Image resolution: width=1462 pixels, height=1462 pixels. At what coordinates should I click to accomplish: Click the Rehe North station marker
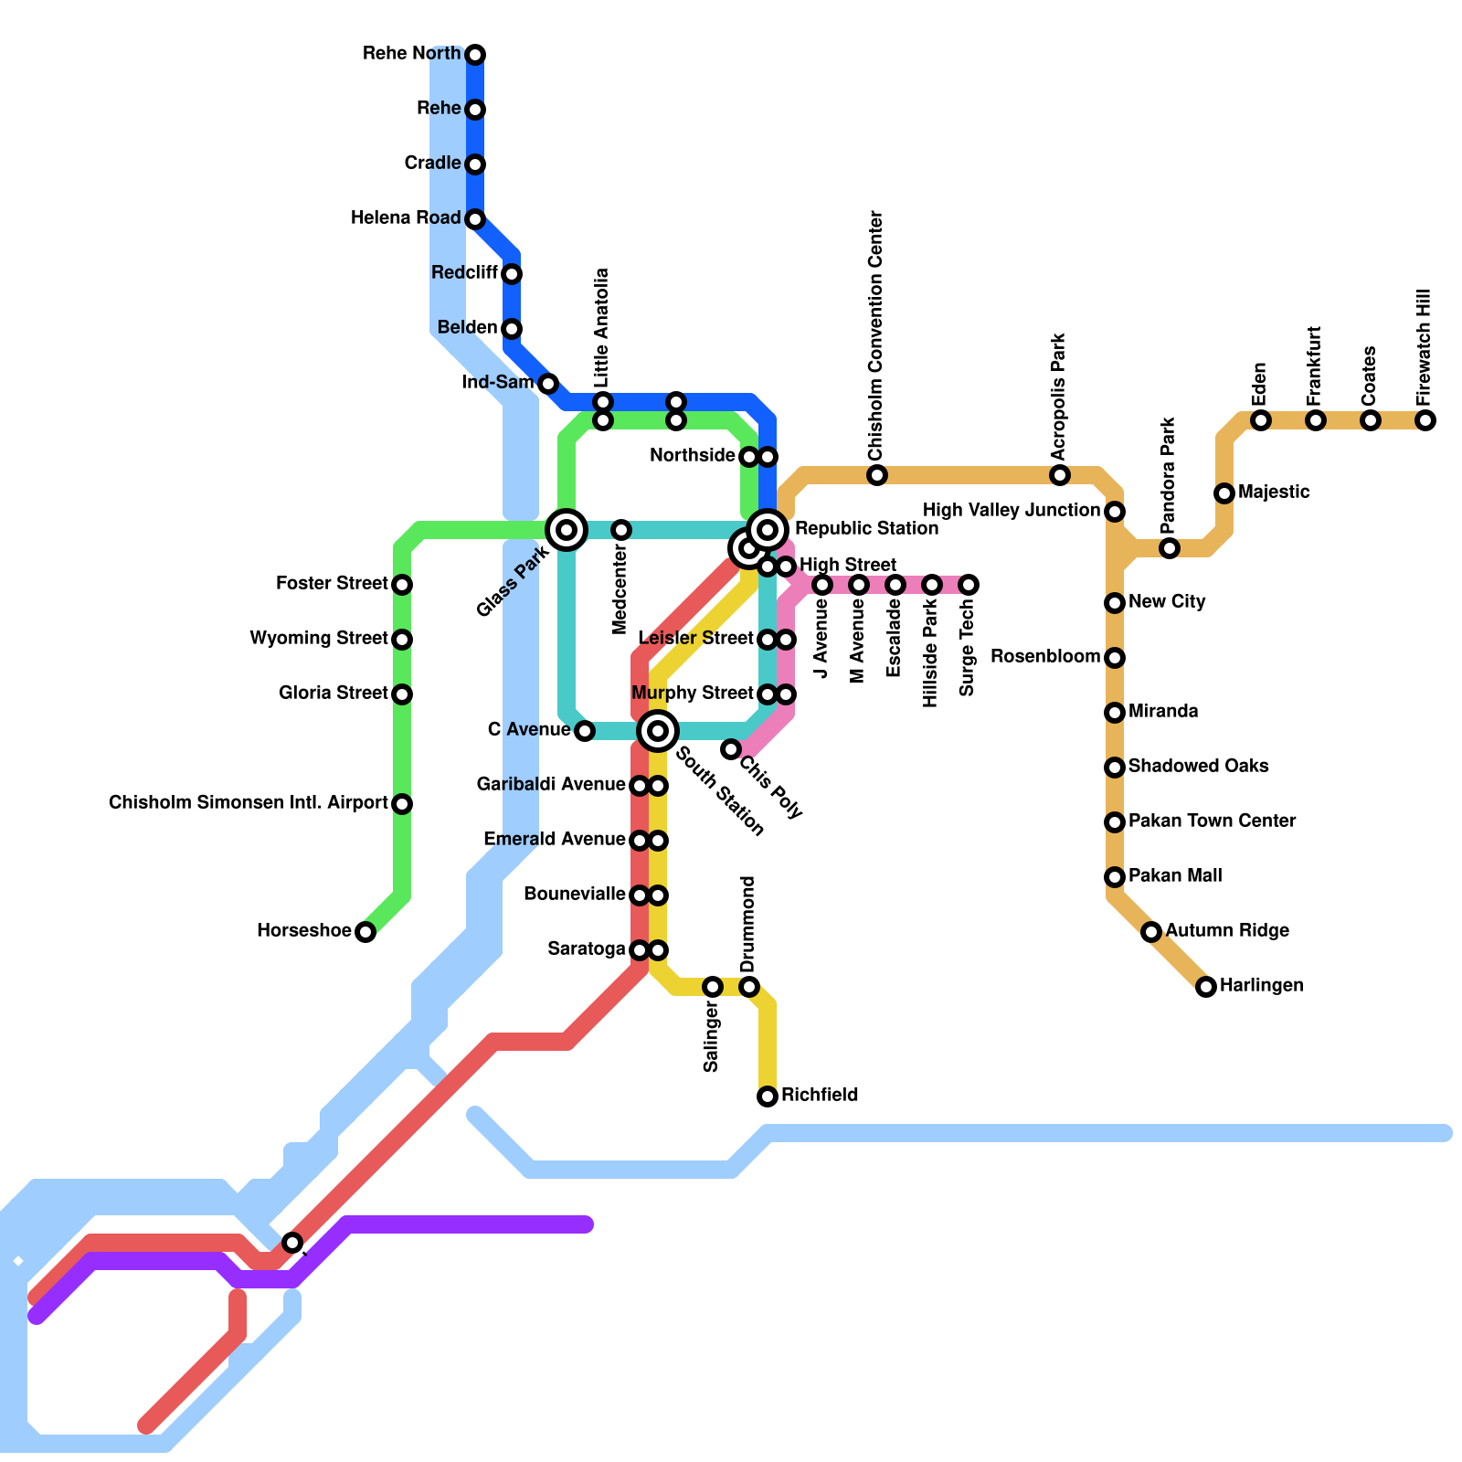pyautogui.click(x=475, y=55)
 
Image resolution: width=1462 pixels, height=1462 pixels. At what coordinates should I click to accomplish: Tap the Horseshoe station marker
pyautogui.click(x=365, y=932)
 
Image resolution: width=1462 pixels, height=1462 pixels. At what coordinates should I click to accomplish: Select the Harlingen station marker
pyautogui.click(x=1206, y=987)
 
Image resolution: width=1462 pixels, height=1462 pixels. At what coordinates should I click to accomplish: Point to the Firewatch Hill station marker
pyautogui.click(x=1425, y=420)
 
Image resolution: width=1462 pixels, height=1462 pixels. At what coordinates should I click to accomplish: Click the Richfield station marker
pyautogui.click(x=768, y=1096)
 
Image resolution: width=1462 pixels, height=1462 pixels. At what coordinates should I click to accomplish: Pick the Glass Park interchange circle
pyautogui.click(x=567, y=530)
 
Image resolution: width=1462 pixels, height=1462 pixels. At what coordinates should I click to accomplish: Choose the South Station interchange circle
pyautogui.click(x=658, y=731)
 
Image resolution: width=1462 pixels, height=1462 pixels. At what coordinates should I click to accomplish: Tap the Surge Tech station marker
pyautogui.click(x=969, y=585)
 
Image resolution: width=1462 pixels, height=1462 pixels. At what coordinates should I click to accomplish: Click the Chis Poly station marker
pyautogui.click(x=731, y=749)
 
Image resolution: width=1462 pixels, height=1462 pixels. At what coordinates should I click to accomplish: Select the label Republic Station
pyautogui.click(x=866, y=529)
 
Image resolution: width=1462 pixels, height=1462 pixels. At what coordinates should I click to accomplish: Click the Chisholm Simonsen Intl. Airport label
pyautogui.click(x=249, y=803)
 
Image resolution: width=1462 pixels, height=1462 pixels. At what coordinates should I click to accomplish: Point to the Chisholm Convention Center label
pyautogui.click(x=877, y=336)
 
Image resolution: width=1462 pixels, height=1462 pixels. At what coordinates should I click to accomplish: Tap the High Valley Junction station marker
pyautogui.click(x=1115, y=512)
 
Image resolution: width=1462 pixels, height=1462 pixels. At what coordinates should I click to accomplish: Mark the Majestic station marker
pyautogui.click(x=1224, y=493)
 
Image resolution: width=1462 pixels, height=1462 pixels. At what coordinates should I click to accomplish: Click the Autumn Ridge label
pyautogui.click(x=1227, y=931)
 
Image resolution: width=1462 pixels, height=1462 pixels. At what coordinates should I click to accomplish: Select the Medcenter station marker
pyautogui.click(x=621, y=530)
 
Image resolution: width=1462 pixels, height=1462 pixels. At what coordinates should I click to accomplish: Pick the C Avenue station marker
pyautogui.click(x=585, y=731)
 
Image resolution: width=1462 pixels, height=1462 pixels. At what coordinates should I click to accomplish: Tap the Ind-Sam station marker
pyautogui.click(x=548, y=384)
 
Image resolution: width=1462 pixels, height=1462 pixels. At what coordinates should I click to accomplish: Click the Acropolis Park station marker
pyautogui.click(x=1060, y=475)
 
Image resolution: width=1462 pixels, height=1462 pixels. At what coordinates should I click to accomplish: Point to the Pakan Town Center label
pyautogui.click(x=1212, y=821)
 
